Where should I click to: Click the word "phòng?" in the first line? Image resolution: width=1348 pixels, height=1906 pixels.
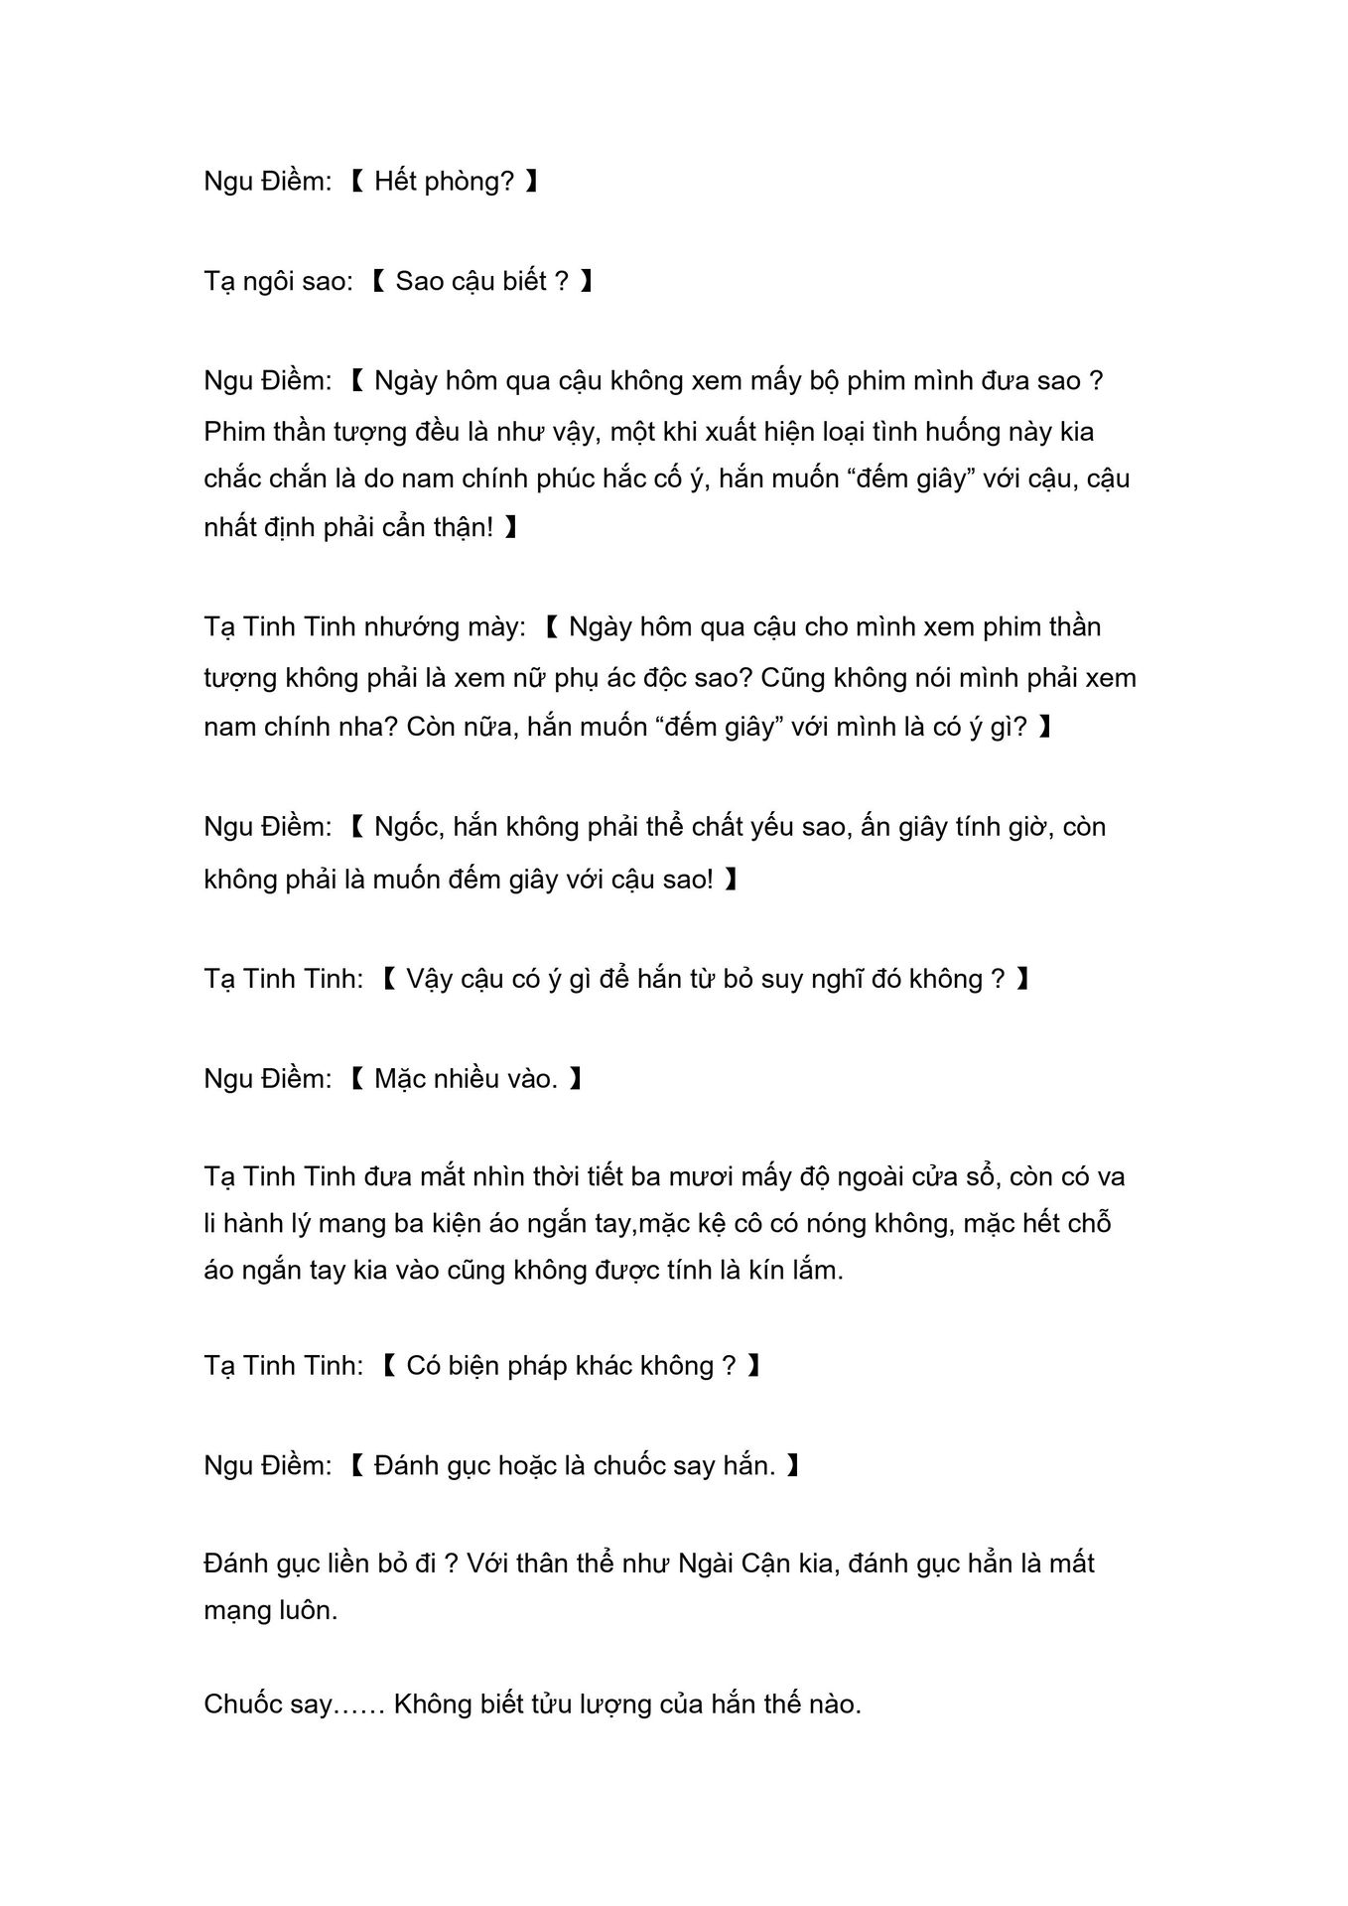tap(470, 182)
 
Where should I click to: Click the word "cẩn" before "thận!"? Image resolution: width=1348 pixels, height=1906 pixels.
tap(394, 527)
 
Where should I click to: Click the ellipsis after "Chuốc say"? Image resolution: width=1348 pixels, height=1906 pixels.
tap(359, 1704)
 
